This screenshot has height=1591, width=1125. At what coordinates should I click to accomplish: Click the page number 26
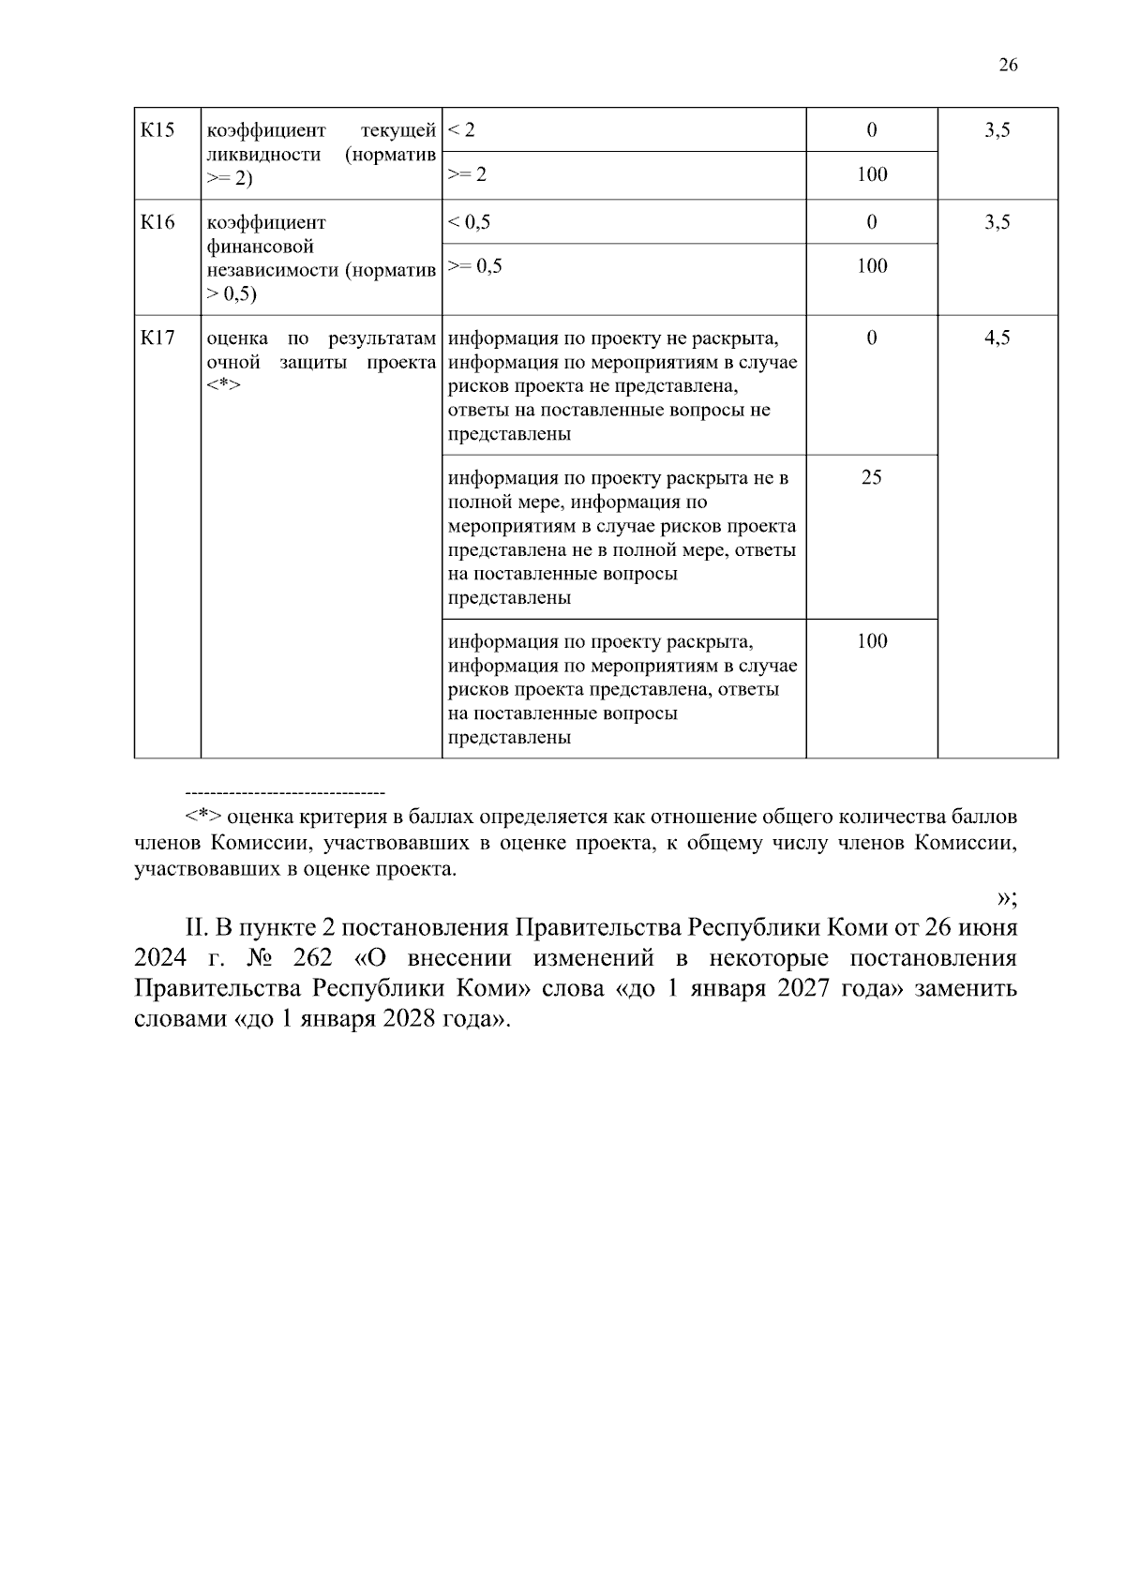1008,65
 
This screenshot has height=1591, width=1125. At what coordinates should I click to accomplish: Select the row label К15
157,129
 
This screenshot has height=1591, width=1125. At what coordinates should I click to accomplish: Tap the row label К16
157,222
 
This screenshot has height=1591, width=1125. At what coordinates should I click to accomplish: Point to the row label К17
157,338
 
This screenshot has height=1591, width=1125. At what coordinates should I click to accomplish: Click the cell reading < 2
461,129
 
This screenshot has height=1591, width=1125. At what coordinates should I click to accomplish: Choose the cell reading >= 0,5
475,266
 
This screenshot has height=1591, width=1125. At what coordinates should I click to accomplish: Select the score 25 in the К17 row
871,477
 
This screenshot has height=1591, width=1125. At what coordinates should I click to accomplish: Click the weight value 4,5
997,338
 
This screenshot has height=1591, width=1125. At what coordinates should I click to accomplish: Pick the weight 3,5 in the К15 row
997,129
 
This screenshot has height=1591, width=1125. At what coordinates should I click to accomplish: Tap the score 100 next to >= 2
871,174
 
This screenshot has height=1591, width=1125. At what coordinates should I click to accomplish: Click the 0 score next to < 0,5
871,222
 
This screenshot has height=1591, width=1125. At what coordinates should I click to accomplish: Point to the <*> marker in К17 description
223,385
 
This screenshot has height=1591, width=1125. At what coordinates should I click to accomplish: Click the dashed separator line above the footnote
286,793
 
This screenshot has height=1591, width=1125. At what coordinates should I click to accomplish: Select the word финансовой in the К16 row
260,247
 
